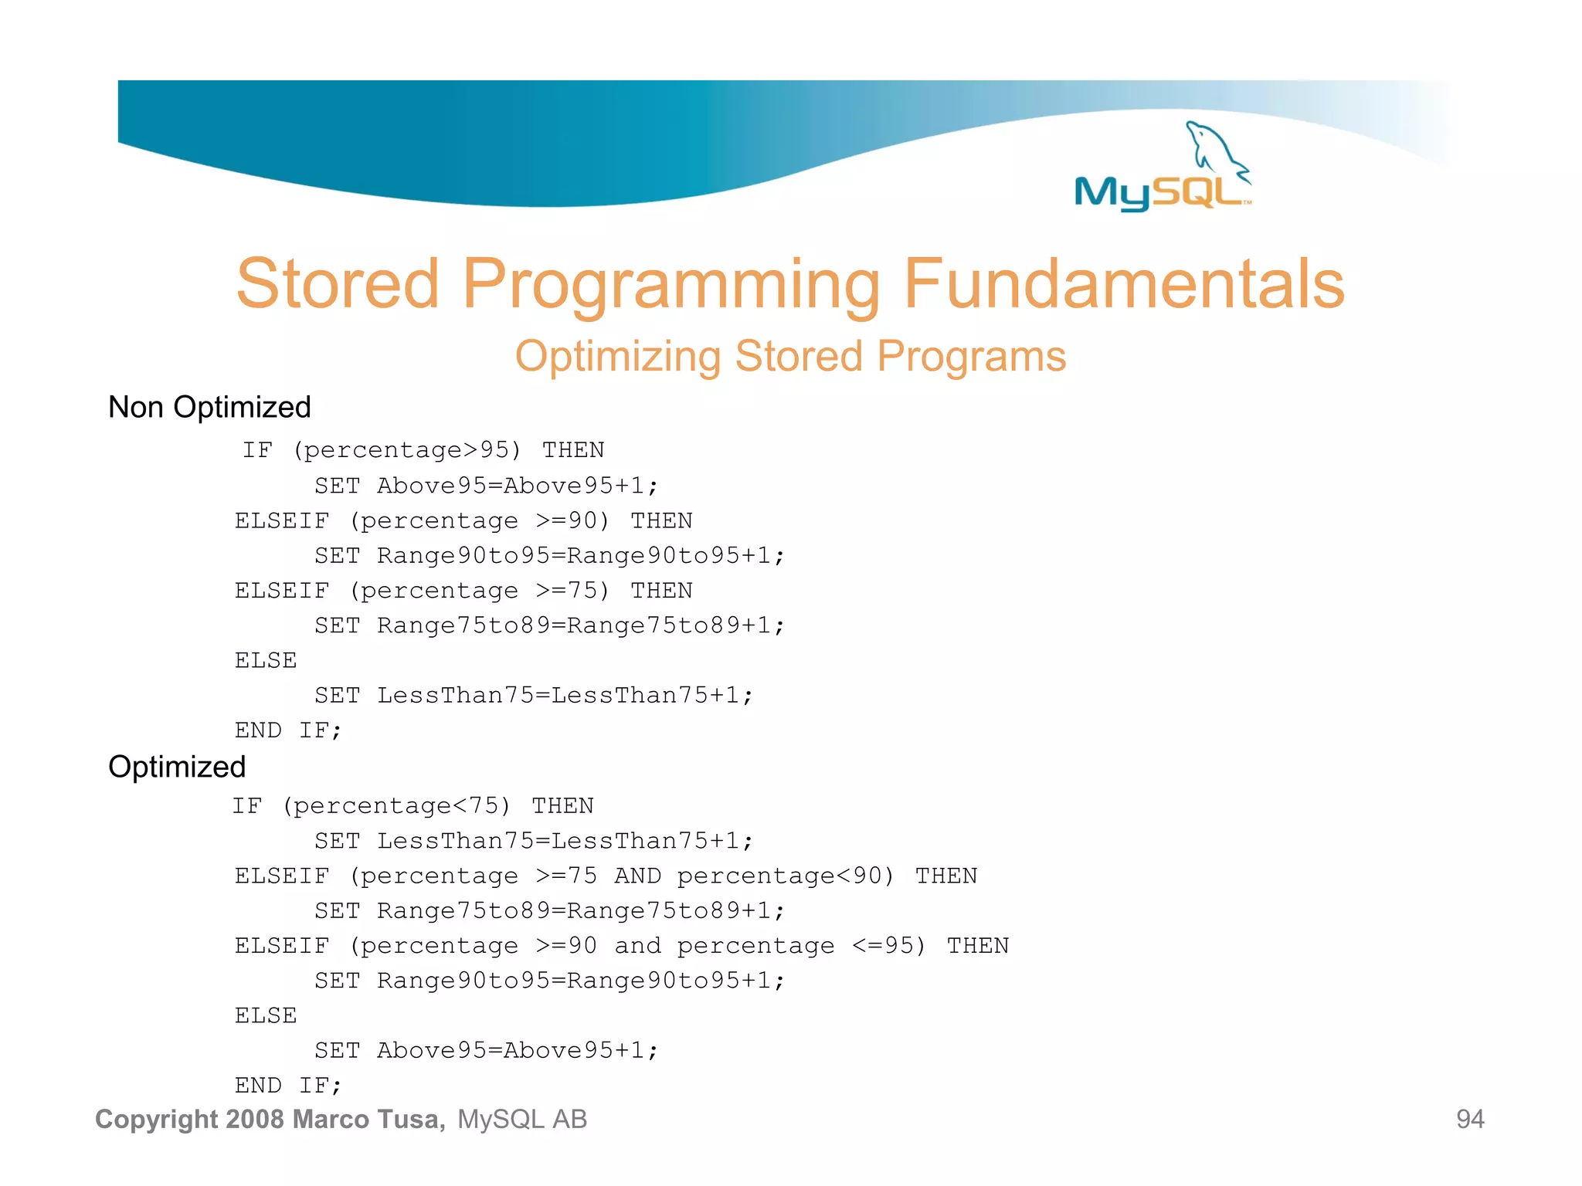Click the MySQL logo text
[1159, 192]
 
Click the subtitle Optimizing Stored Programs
[790, 356]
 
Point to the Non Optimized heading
[209, 407]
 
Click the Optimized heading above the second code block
[177, 767]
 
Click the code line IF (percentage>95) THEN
[423, 450]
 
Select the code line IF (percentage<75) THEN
[412, 806]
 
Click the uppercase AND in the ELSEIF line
[637, 876]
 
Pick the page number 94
[1469, 1119]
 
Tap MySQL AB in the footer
[522, 1119]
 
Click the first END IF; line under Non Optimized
[288, 730]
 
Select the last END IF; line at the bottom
[288, 1086]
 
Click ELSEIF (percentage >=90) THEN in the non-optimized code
[463, 521]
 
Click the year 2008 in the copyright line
[256, 1119]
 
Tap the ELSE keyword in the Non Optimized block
[266, 661]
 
